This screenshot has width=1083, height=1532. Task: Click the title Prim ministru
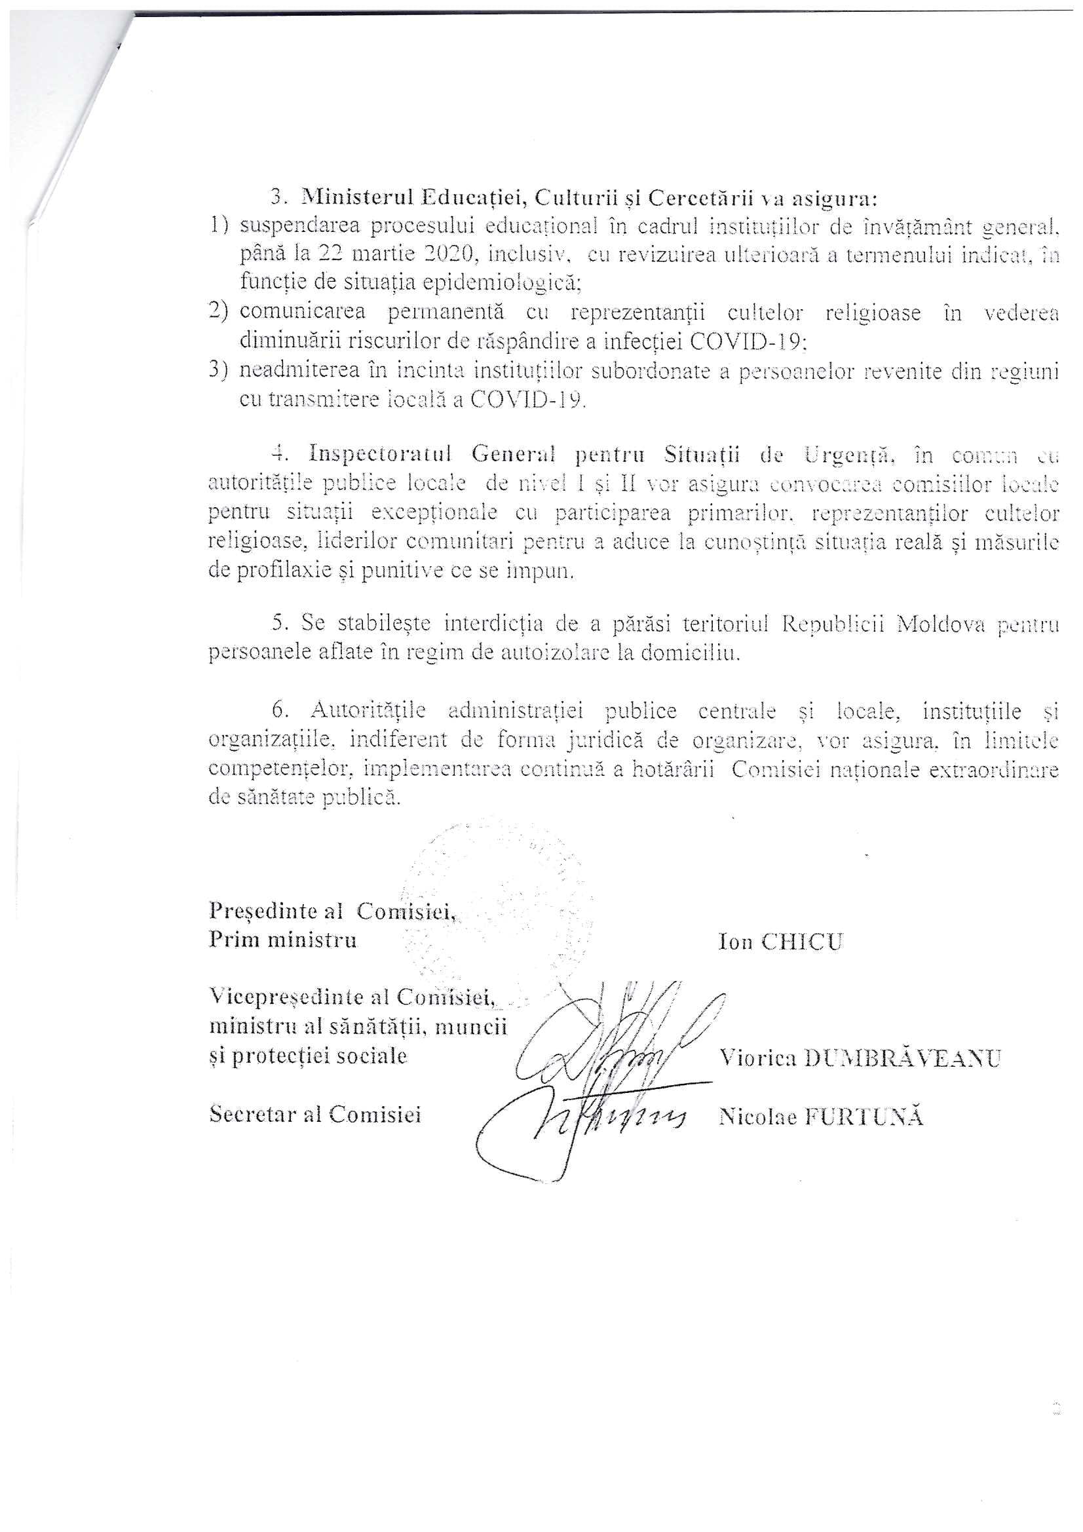[x=282, y=940]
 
